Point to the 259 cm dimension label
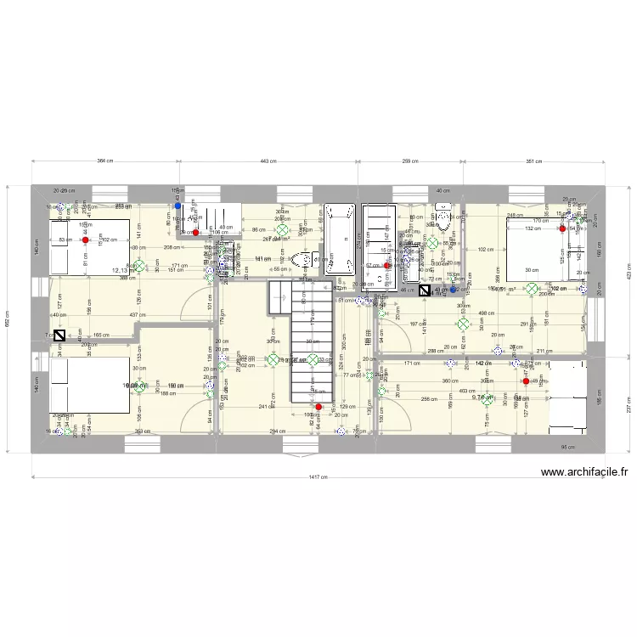pyautogui.click(x=412, y=160)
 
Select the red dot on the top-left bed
pyautogui.click(x=85, y=240)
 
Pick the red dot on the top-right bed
pyautogui.click(x=562, y=228)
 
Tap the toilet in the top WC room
pyautogui.click(x=443, y=218)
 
